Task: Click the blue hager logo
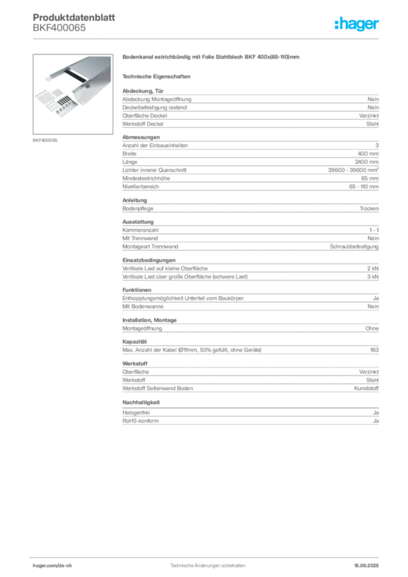click(357, 24)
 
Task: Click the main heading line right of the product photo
click(211, 58)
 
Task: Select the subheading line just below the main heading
click(158, 76)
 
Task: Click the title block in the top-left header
click(73, 23)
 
